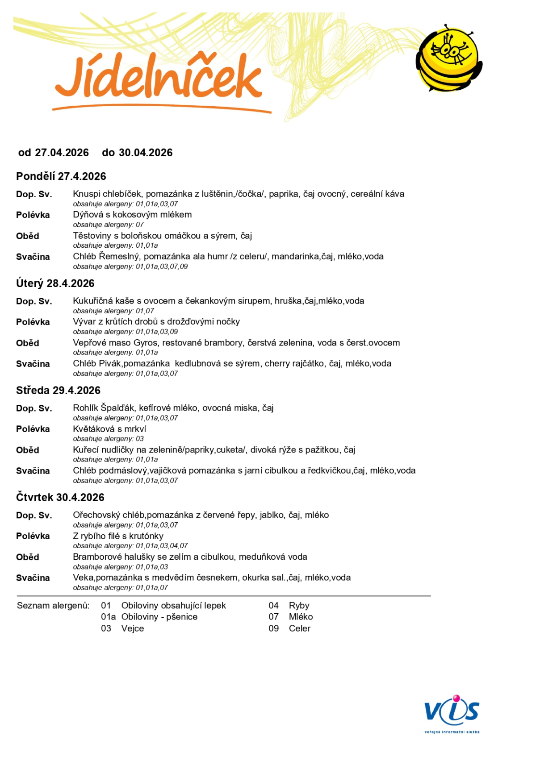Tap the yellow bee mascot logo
[x=448, y=58]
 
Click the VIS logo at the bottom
[x=452, y=712]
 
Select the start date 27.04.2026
[x=62, y=153]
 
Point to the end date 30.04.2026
[x=146, y=153]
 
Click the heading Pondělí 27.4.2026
[x=61, y=176]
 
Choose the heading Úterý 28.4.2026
[x=55, y=283]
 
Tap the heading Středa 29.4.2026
[x=59, y=391]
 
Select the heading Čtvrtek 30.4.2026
[x=60, y=498]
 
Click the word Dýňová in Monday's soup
[x=88, y=215]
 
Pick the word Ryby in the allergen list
[x=299, y=606]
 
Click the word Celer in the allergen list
[x=299, y=628]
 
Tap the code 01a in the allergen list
[x=108, y=617]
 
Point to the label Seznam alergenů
[x=53, y=606]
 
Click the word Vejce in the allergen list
[x=132, y=628]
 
